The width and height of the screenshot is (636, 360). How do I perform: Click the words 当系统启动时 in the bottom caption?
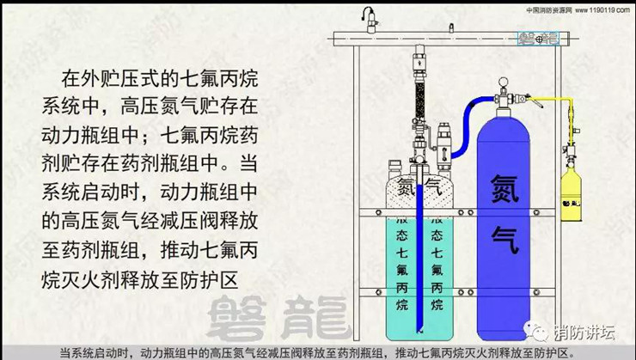[x=97, y=352]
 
